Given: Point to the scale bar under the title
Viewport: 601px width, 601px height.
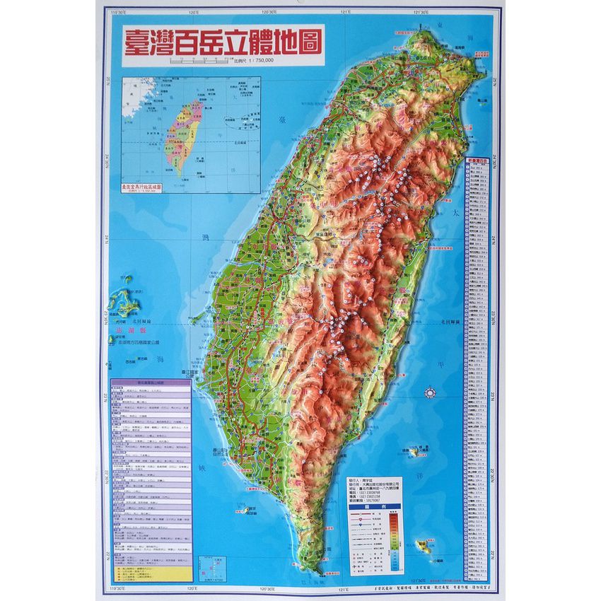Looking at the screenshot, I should tap(199, 62).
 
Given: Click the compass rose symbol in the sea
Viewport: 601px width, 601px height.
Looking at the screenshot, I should tap(428, 393).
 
